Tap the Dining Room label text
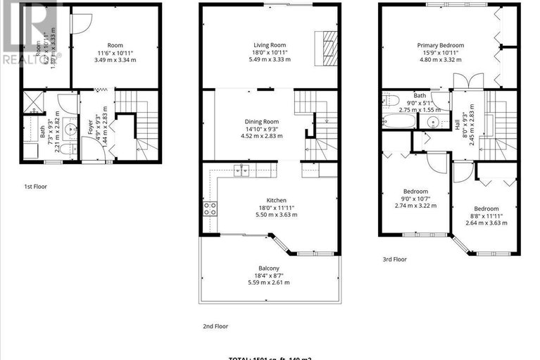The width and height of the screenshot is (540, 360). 262,122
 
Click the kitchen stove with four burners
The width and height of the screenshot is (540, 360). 210,208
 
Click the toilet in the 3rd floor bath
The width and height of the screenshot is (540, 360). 391,99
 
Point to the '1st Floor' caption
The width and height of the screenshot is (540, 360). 36,187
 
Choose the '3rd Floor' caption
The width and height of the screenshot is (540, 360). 394,259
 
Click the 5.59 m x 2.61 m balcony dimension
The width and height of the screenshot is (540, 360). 268,282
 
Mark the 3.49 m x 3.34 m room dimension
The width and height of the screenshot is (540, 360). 115,60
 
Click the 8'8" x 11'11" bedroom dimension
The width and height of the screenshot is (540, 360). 486,216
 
